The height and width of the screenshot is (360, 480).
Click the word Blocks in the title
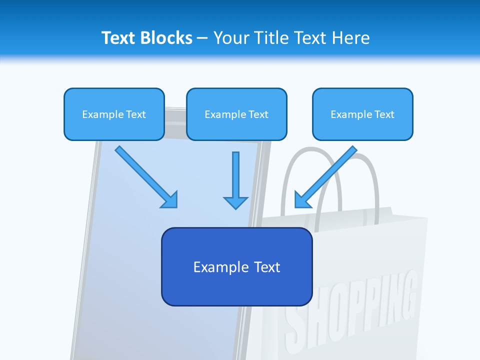click(x=166, y=38)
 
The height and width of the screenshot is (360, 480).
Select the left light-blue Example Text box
click(x=114, y=114)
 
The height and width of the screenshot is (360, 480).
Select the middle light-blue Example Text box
click(x=236, y=114)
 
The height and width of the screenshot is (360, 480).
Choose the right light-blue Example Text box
click(x=362, y=114)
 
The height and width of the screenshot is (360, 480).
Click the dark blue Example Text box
click(x=236, y=267)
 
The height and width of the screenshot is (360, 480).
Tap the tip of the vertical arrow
click(x=235, y=207)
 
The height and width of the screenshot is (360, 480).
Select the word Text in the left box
click(x=135, y=114)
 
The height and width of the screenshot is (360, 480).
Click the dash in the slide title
click(x=202, y=38)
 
